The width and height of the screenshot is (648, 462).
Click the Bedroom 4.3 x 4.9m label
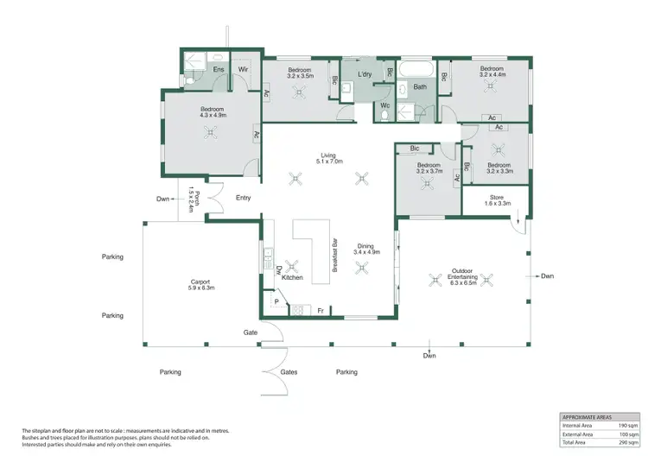[212, 111]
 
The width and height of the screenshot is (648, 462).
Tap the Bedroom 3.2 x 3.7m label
[429, 168]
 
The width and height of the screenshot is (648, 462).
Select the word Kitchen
[292, 277]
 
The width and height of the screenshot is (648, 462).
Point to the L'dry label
[365, 75]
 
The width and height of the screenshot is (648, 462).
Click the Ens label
[196, 68]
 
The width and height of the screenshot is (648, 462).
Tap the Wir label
[244, 68]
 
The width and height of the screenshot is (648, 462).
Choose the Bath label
[419, 87]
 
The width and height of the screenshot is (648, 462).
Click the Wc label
[385, 105]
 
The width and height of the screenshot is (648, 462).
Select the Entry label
[244, 198]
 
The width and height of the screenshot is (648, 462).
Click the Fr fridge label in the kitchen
[320, 310]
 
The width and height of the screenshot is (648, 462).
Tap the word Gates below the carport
[289, 372]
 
